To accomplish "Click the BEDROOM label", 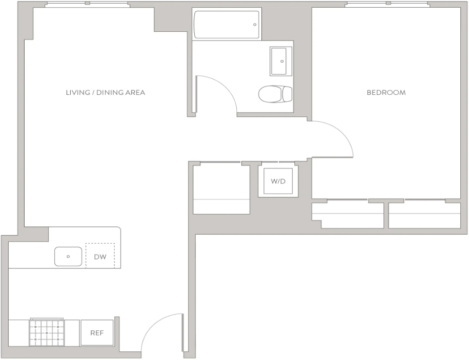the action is (x=386, y=93).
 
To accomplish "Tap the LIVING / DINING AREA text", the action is (x=106, y=93).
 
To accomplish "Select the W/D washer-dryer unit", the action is (x=278, y=181).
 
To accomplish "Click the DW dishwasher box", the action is (x=100, y=256).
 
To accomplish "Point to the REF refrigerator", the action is (x=97, y=332).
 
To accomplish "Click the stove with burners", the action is (x=47, y=332).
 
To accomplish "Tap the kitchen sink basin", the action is (x=68, y=257).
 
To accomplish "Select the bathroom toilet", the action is (x=275, y=94).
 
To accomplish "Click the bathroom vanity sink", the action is (x=280, y=61).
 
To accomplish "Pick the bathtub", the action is (x=227, y=25).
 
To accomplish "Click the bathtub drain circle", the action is (x=255, y=25).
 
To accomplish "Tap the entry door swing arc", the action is (x=154, y=322).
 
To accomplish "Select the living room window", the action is (x=87, y=4).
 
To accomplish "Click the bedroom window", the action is (x=388, y=4).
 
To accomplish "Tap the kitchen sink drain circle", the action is (x=68, y=257).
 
